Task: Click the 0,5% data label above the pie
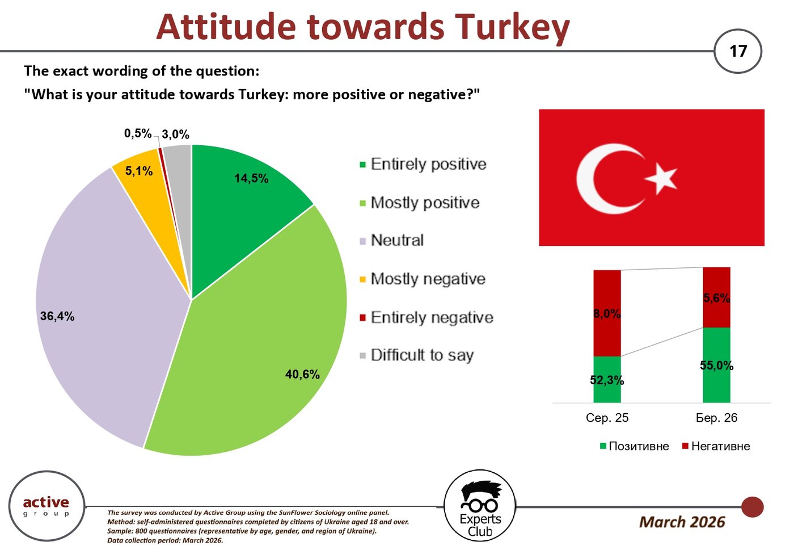tap(138, 134)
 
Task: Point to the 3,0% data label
tap(175, 135)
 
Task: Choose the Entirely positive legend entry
tap(423, 164)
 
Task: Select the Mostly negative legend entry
tap(423, 279)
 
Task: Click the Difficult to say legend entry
tap(416, 355)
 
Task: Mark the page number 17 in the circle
tap(738, 52)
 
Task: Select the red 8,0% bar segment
tap(607, 313)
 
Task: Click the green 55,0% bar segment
tap(716, 365)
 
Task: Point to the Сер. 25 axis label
tap(607, 418)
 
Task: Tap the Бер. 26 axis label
tap(716, 418)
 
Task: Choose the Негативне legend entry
tap(716, 446)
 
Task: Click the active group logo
tap(47, 506)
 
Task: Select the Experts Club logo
tap(480, 506)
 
